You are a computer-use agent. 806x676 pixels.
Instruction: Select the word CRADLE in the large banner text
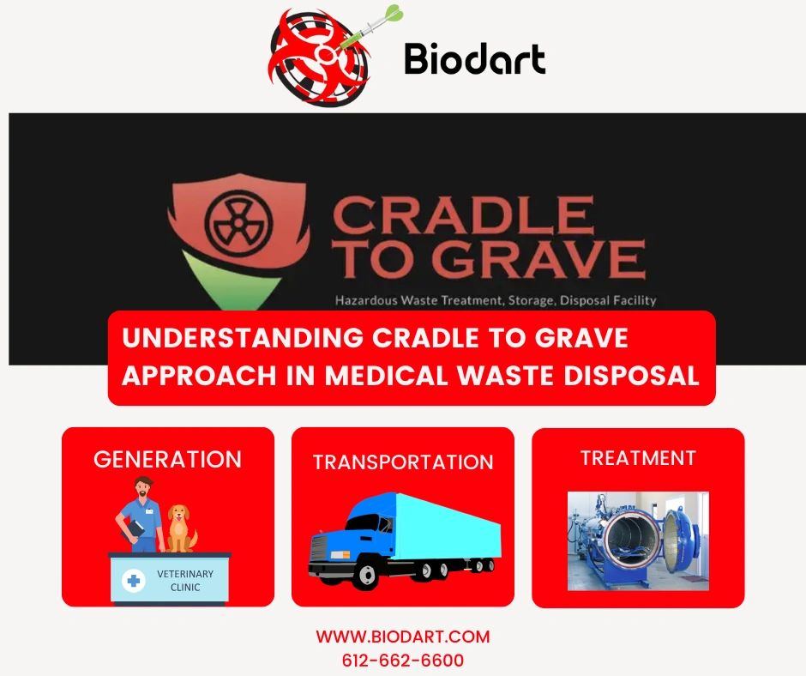tap(463, 216)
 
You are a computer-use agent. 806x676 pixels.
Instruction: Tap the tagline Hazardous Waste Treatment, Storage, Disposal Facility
tap(496, 300)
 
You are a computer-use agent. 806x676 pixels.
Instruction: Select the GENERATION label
tap(167, 459)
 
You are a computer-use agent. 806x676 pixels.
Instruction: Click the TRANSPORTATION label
tap(403, 462)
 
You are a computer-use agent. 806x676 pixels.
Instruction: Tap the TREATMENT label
tap(638, 458)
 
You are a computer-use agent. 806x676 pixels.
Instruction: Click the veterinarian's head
tap(143, 486)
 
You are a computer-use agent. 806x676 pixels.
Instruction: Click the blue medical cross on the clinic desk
tap(134, 581)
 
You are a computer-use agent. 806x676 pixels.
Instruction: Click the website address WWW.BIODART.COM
tap(403, 637)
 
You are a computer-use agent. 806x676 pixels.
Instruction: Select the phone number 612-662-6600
tap(403, 660)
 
